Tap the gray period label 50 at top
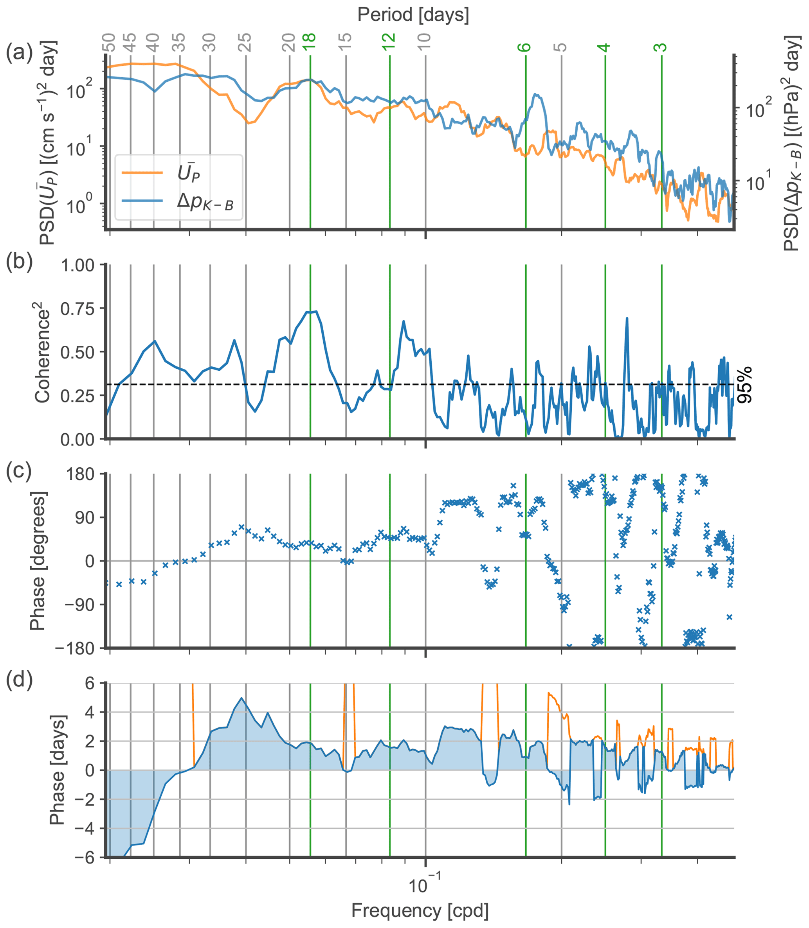coord(109,43)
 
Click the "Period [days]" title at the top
coord(413,15)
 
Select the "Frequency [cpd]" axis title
coord(420,910)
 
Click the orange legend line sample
coord(142,173)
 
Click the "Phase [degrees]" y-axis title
coord(38,561)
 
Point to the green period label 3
coord(661,47)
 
